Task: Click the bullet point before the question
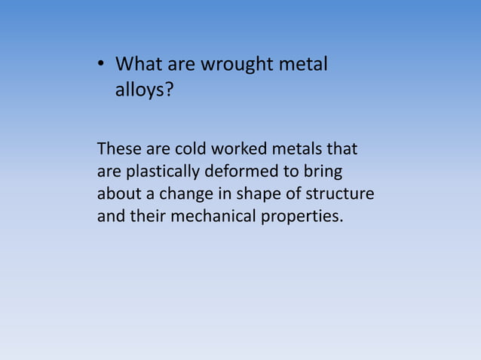pos(100,66)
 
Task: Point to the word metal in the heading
pos(303,65)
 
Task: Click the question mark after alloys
pos(169,90)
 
